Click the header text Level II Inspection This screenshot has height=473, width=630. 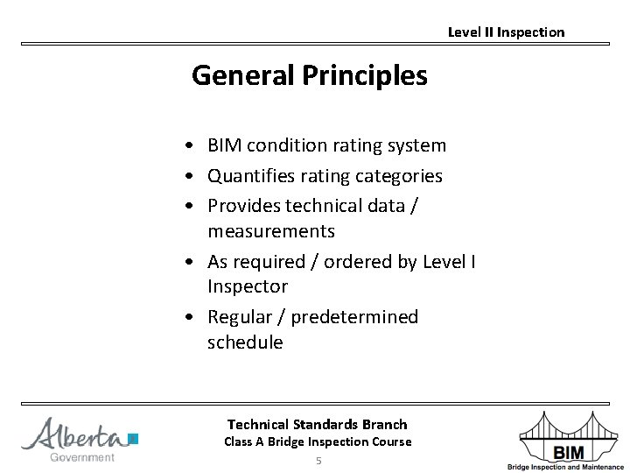(x=506, y=32)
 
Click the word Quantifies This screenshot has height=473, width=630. (x=249, y=176)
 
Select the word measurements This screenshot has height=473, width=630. (x=270, y=232)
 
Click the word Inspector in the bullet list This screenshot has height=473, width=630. (x=247, y=287)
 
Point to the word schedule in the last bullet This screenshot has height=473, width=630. (x=245, y=342)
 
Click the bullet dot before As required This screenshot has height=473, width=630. (x=189, y=263)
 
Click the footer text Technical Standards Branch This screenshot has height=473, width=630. (x=317, y=424)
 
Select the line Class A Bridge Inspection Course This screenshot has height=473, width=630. (x=317, y=441)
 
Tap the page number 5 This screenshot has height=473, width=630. (x=318, y=461)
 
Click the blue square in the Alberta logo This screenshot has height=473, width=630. (x=133, y=438)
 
